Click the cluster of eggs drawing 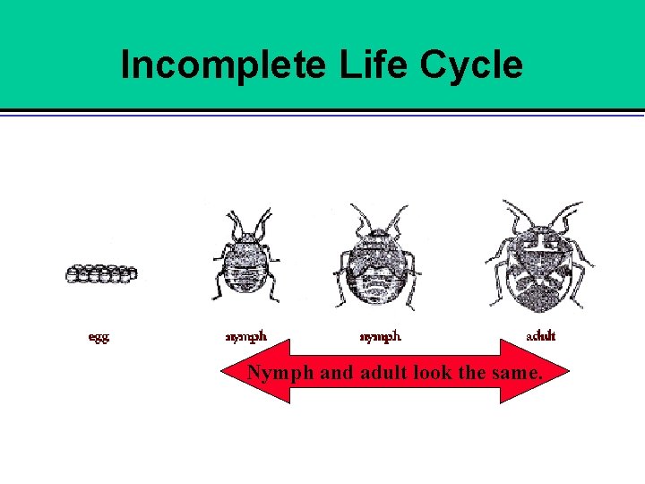[101, 273]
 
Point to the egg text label [99, 337]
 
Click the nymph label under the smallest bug [245, 337]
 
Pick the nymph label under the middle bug [381, 337]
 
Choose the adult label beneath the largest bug [540, 336]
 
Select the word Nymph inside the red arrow [280, 372]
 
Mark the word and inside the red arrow [336, 372]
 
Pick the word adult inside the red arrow [383, 372]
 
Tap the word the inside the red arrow [471, 372]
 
